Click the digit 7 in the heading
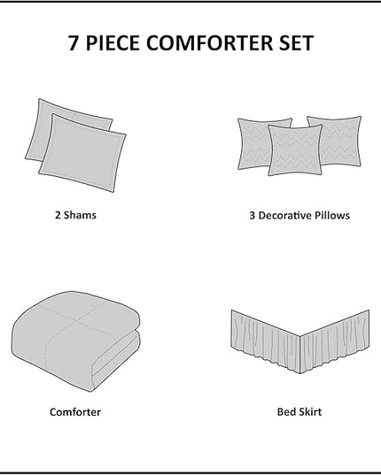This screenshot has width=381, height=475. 74,43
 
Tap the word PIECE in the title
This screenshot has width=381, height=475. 113,43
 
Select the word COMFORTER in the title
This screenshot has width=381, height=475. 210,43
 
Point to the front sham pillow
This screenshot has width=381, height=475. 82,153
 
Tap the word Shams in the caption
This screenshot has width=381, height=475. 80,215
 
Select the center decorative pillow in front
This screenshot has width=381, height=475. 294,150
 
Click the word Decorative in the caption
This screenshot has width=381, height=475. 284,215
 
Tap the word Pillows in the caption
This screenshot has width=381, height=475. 332,215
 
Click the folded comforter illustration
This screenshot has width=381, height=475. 76,341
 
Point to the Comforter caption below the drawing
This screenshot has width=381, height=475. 75,412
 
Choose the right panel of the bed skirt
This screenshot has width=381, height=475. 335,341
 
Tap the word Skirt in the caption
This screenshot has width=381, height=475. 309,412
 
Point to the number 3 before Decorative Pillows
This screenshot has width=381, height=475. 252,215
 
